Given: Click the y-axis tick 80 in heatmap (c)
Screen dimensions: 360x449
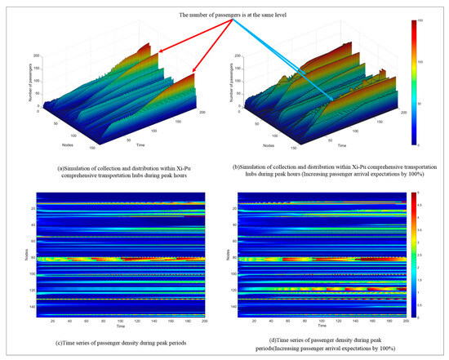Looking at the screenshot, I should click(x=17, y=258).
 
